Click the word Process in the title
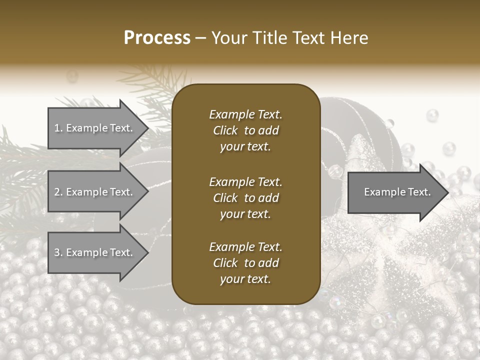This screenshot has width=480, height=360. pos(157,38)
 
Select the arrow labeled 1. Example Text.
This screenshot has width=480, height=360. pos(95,128)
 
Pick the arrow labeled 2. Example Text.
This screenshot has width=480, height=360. pos(95,192)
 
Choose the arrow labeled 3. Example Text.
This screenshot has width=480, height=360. pos(95,252)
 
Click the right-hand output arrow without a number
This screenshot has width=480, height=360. pos(395,192)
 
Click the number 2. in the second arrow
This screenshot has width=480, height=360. pos(58,192)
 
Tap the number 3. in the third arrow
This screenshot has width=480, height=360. pos(58,252)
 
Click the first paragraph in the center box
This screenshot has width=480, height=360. pos(245,130)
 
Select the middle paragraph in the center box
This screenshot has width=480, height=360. pos(245,198)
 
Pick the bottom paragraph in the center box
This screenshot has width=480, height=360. pos(245,263)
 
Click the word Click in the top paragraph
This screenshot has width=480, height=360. pos(225,130)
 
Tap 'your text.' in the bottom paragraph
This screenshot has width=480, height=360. pos(245,279)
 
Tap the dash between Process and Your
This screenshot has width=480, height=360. pos(201,38)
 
